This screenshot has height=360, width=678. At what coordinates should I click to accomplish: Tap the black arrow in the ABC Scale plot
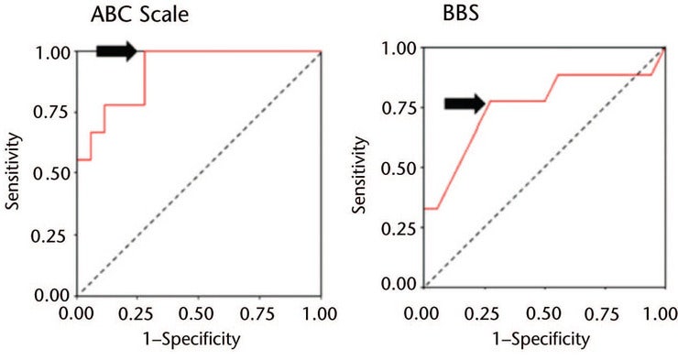pos(115,51)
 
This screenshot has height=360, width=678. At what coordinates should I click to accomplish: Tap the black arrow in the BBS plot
pos(465,104)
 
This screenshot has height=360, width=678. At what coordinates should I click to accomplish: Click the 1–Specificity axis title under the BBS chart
pos(540,338)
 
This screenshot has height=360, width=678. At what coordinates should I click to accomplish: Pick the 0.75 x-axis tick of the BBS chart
pos(602,313)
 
